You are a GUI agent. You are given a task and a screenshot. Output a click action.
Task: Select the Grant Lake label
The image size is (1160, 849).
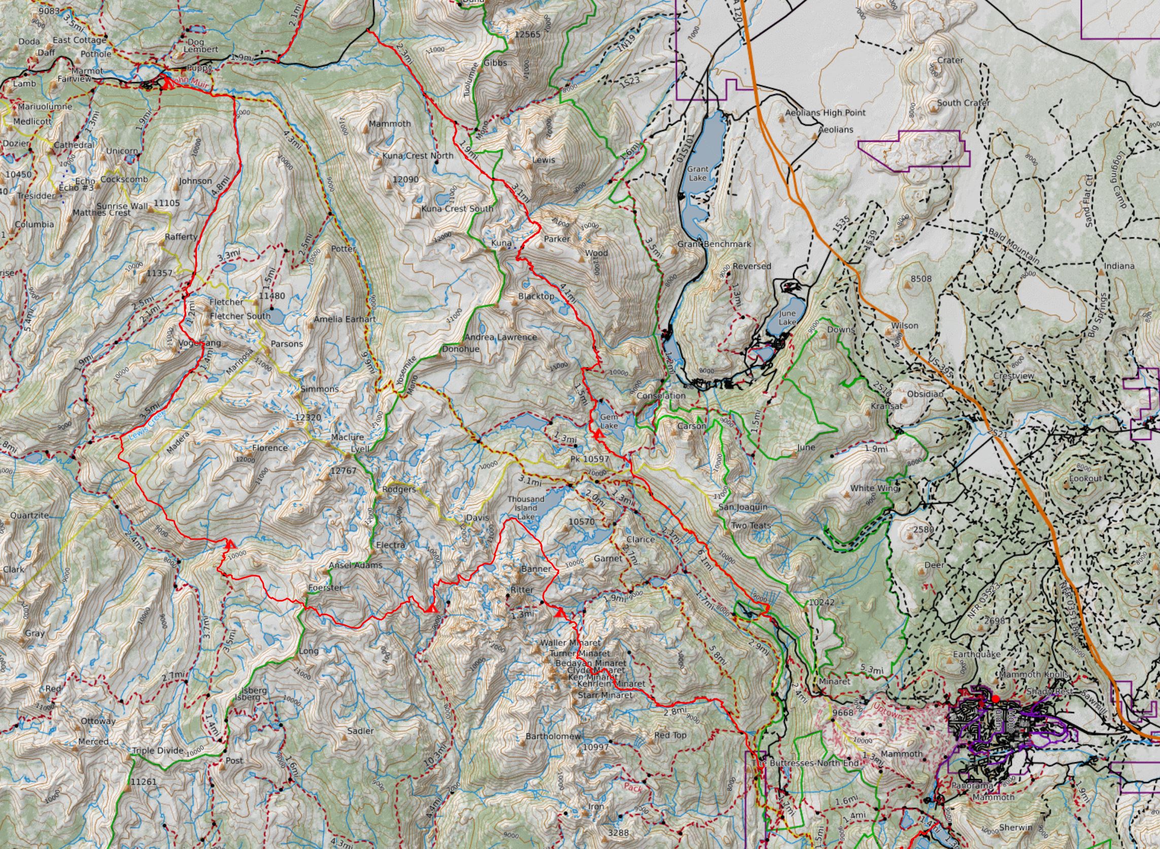[x=698, y=173]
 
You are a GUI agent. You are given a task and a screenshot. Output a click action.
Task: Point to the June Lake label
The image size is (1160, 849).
[x=787, y=317]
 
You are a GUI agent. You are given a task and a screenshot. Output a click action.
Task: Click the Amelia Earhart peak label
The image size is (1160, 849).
[x=345, y=319]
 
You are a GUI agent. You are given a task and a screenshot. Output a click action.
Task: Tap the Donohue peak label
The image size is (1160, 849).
[x=461, y=349]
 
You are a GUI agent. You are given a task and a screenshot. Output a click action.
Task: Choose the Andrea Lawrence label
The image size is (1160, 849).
[x=500, y=337]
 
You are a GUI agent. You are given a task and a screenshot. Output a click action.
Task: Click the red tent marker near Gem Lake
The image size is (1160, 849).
[x=597, y=435]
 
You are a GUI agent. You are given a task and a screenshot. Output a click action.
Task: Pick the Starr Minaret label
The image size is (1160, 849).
[x=605, y=695]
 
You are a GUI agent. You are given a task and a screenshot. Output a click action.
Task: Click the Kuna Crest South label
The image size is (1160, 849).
[x=457, y=208]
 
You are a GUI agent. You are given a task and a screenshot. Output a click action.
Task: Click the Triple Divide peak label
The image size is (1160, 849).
[x=157, y=750]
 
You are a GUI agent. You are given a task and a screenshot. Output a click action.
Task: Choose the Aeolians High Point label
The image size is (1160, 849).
[x=825, y=113]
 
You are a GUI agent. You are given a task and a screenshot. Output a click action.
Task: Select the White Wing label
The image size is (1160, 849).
[x=874, y=488]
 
